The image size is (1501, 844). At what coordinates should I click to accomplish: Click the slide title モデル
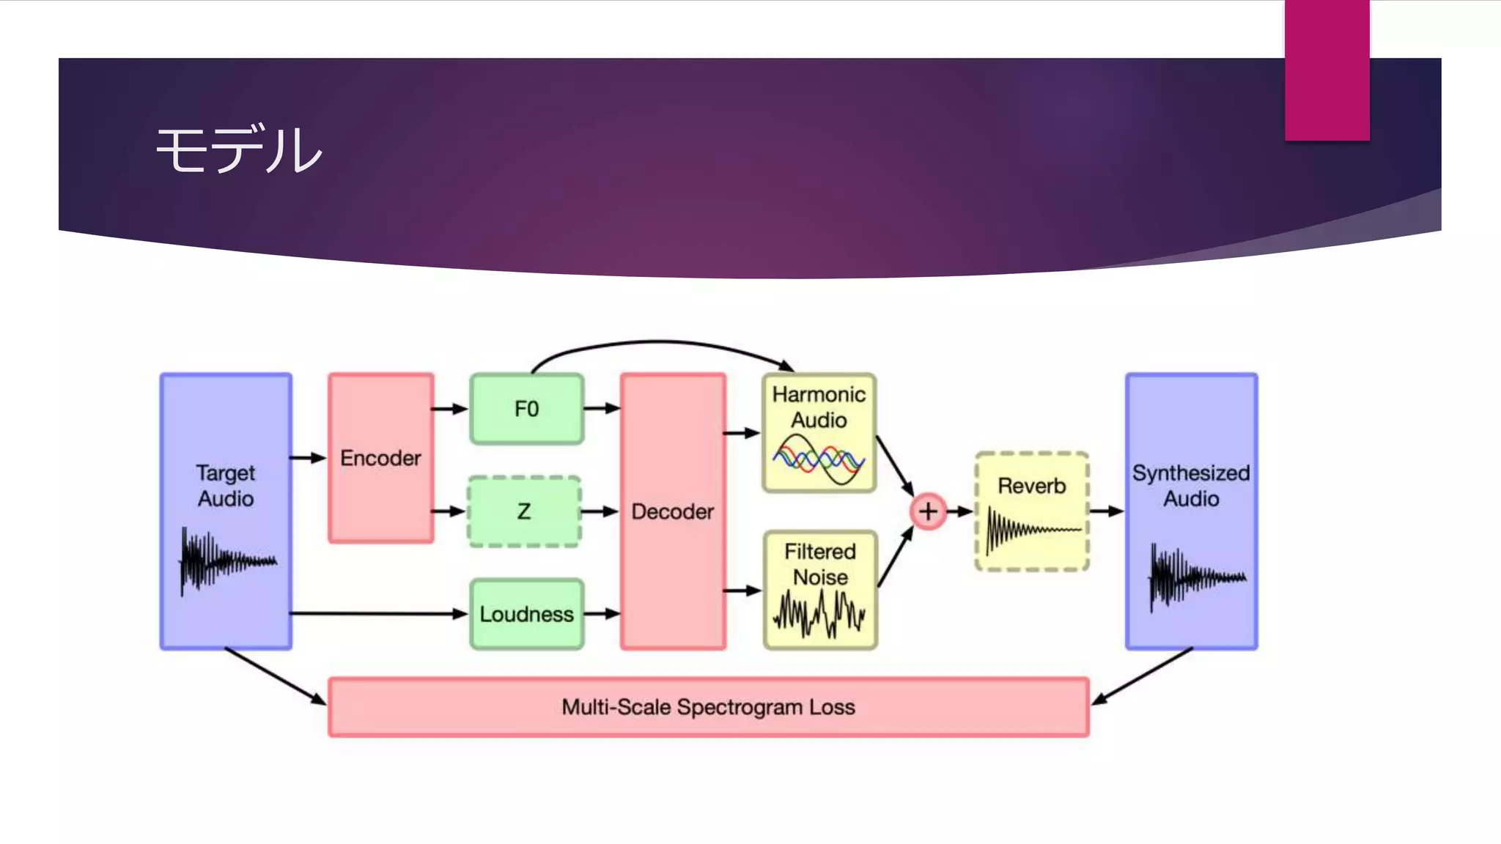(x=239, y=149)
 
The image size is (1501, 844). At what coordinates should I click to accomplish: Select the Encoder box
(x=380, y=458)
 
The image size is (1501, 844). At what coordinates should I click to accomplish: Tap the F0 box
(x=526, y=409)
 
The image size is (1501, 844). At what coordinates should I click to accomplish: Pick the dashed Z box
(x=524, y=511)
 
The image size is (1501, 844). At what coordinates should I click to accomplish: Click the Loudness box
(x=526, y=614)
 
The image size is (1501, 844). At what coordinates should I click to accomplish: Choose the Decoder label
(x=672, y=511)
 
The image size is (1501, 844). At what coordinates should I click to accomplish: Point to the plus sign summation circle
(x=928, y=511)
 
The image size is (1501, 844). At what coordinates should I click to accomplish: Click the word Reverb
(x=1031, y=486)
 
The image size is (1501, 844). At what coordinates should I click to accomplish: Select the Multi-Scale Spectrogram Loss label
(x=708, y=707)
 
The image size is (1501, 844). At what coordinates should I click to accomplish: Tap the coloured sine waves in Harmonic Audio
(x=819, y=459)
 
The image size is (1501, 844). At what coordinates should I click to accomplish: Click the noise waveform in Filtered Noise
(x=819, y=613)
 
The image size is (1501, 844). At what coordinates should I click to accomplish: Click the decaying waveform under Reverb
(x=1031, y=530)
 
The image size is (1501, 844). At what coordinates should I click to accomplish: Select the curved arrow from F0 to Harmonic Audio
(x=660, y=343)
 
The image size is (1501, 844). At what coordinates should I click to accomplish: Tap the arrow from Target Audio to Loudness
(x=377, y=613)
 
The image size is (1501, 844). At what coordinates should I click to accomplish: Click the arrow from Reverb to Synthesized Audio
(x=1106, y=511)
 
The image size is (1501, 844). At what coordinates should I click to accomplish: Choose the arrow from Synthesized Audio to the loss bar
(x=1143, y=676)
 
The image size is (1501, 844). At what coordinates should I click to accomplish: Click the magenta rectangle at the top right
(x=1327, y=70)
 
